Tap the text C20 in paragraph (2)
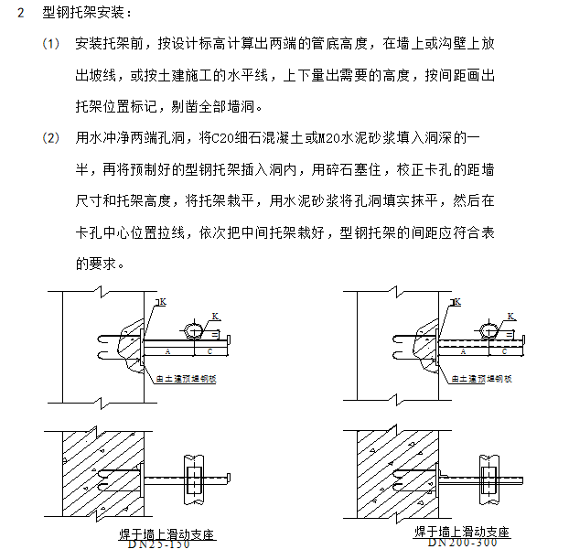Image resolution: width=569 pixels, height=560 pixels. tap(222, 138)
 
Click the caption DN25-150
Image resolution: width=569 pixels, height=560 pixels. tap(160, 544)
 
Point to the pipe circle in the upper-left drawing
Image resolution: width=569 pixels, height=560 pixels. tap(195, 330)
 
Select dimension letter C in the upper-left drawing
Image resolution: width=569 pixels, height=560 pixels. tap(210, 350)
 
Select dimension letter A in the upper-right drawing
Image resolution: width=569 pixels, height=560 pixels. tap(464, 350)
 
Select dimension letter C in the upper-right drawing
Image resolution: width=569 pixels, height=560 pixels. tap(504, 350)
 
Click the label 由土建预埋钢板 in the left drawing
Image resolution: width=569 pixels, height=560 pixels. tap(188, 378)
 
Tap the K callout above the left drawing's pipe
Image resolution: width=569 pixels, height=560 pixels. tap(216, 316)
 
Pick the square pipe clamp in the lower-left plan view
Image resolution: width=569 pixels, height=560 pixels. tap(194, 479)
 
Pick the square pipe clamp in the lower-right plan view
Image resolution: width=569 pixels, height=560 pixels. tap(485, 479)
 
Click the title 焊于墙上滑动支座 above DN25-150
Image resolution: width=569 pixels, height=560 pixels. tap(161, 533)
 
